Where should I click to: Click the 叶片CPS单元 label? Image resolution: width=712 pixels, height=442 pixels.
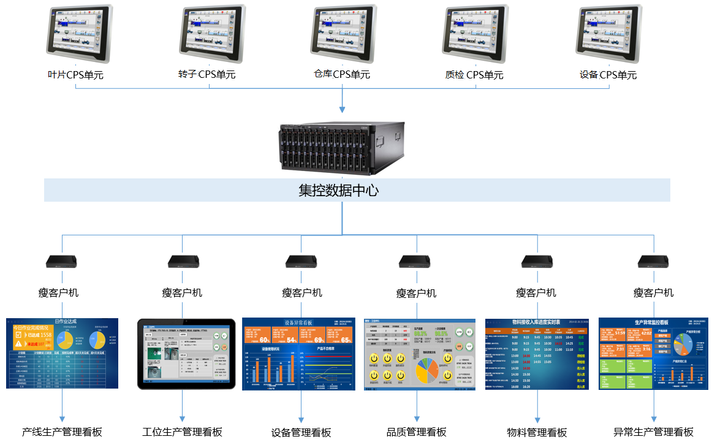pyautogui.click(x=75, y=75)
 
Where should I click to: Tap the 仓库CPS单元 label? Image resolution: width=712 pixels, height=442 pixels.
pyautogui.click(x=342, y=74)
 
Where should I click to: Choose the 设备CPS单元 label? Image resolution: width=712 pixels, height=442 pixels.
pyautogui.click(x=608, y=75)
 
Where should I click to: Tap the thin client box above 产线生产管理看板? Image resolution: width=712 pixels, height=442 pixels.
pyautogui.click(x=61, y=262)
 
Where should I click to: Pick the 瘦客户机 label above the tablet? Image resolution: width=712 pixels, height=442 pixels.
pyautogui.click(x=182, y=293)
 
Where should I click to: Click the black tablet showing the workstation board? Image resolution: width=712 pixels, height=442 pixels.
pyautogui.click(x=186, y=354)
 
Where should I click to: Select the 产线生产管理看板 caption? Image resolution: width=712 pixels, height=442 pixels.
pyautogui.click(x=62, y=432)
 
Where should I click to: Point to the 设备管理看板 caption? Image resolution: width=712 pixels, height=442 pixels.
pyautogui.click(x=301, y=432)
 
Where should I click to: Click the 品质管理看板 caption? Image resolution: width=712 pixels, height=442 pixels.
pyautogui.click(x=417, y=432)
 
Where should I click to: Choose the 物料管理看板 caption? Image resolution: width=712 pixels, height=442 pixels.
pyautogui.click(x=537, y=432)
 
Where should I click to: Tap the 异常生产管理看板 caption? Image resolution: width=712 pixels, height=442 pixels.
pyautogui.click(x=653, y=432)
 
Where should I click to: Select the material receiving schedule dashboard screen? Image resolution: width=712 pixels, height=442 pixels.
pyautogui.click(x=537, y=354)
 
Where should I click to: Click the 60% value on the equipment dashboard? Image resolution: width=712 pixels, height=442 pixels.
pyautogui.click(x=265, y=340)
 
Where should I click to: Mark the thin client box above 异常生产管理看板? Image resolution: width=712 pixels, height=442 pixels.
pyautogui.click(x=653, y=262)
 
